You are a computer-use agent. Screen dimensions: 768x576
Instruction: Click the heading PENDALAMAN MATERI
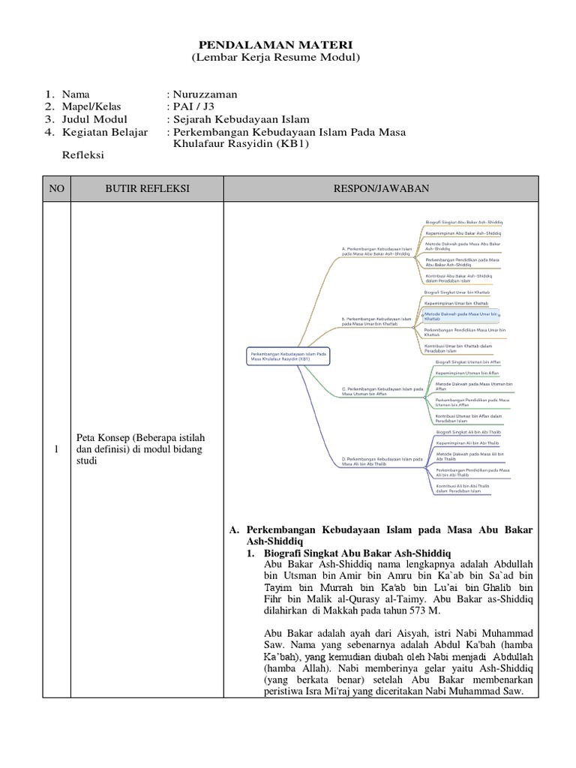[x=277, y=44]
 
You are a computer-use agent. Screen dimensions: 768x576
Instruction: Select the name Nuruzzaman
[x=205, y=94]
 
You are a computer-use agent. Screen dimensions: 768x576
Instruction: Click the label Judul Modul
[x=94, y=119]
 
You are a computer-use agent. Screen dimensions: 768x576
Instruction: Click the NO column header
[x=56, y=189]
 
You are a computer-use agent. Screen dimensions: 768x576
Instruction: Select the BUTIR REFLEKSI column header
[x=147, y=189]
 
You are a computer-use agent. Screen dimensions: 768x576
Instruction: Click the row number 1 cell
[x=56, y=449]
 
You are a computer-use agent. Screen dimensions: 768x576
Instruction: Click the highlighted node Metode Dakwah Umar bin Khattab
[x=460, y=316]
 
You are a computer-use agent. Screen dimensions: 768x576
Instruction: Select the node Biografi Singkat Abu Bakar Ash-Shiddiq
[x=463, y=223]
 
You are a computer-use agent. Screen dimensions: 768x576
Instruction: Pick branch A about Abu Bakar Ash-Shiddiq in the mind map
[x=376, y=252]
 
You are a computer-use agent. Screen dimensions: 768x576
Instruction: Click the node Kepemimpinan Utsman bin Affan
[x=466, y=372]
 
